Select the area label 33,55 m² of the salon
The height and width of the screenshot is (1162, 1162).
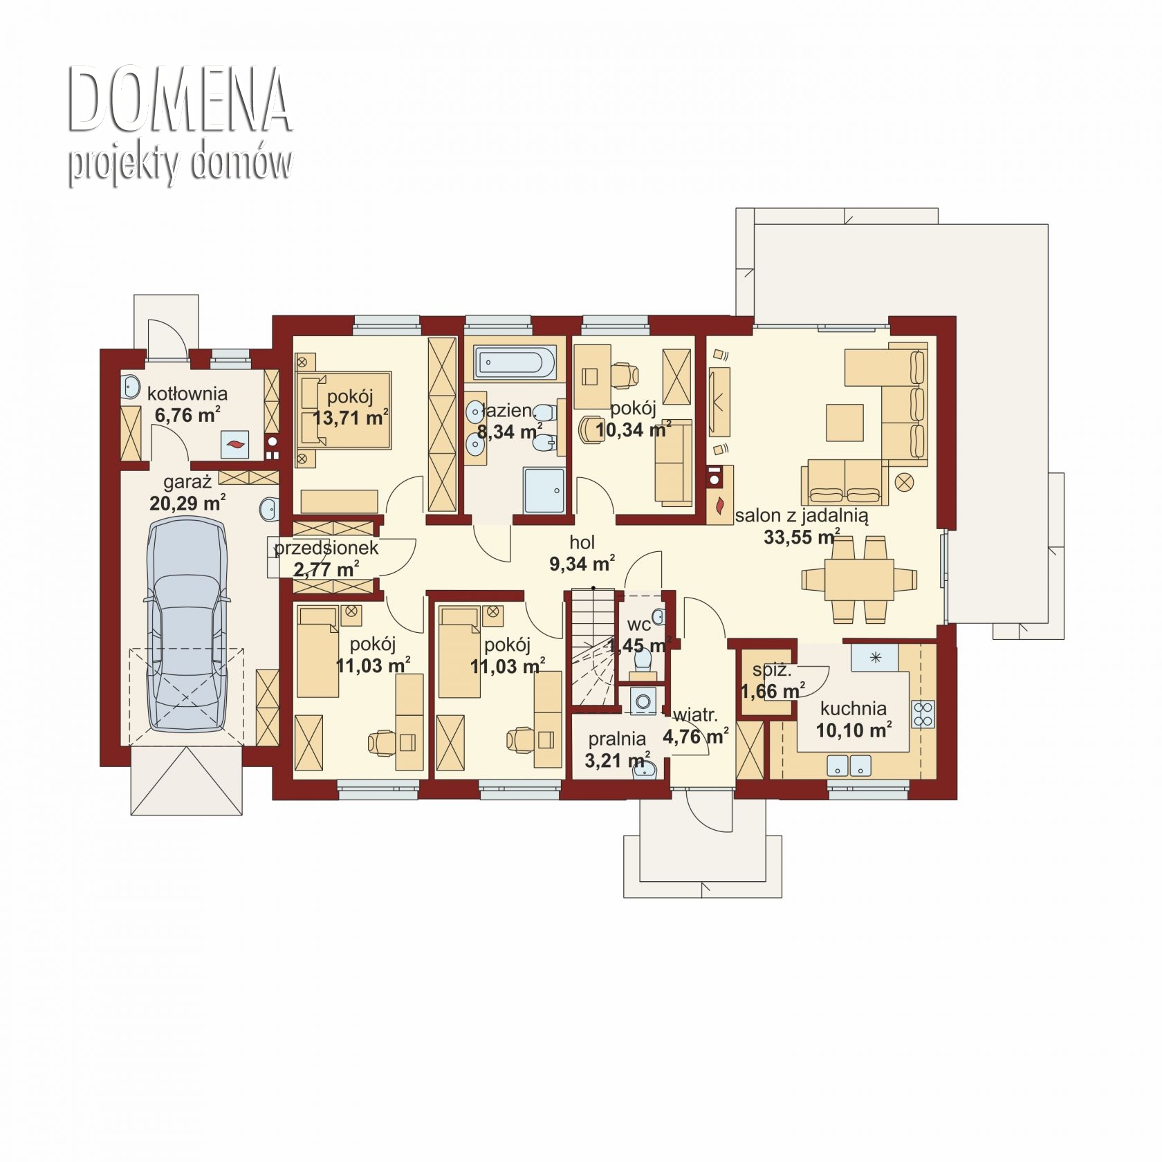click(802, 537)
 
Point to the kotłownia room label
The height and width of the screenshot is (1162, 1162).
click(187, 394)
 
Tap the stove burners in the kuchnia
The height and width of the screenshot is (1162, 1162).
click(923, 714)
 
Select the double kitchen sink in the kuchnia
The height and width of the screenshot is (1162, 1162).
click(849, 765)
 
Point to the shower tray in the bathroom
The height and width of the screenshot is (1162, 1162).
click(544, 490)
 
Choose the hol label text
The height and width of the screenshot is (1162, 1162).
click(582, 542)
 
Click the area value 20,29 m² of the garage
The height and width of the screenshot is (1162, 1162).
click(187, 503)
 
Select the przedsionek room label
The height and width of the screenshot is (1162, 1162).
click(326, 548)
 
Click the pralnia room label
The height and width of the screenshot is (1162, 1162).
click(617, 739)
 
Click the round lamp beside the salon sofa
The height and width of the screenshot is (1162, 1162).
click(905, 481)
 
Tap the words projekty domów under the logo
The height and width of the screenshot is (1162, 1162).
click(180, 164)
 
